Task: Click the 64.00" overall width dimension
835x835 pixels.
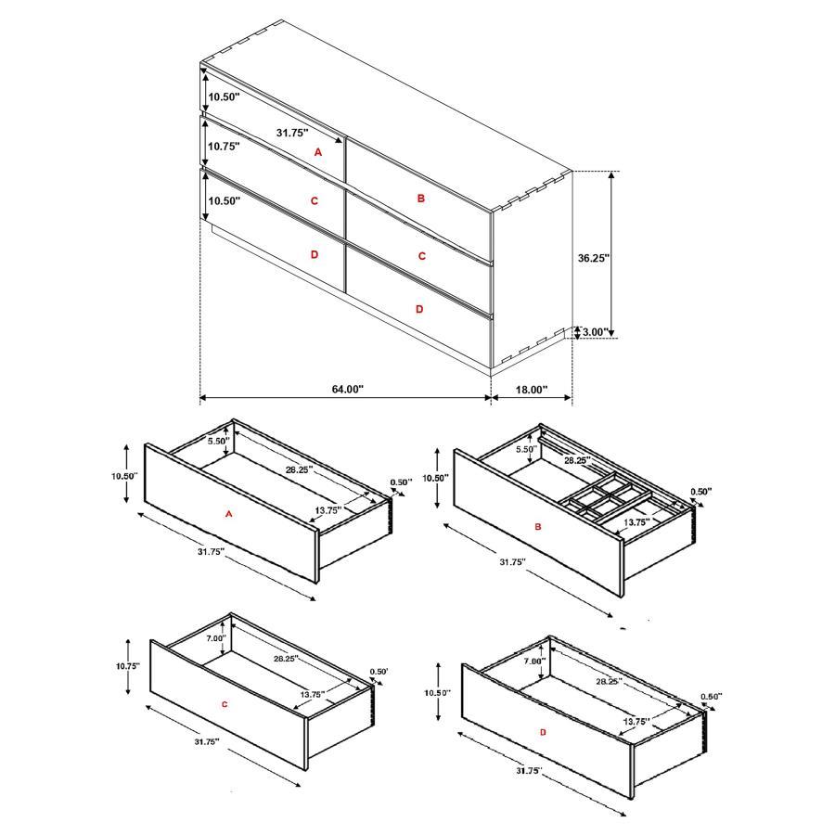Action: [348, 390]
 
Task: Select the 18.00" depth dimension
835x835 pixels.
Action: [531, 390]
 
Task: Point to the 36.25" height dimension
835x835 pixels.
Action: [593, 259]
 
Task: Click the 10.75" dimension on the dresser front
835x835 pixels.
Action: [224, 147]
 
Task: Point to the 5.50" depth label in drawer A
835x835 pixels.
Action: [218, 442]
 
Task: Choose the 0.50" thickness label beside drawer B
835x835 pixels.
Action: [701, 493]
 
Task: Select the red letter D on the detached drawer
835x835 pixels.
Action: [543, 733]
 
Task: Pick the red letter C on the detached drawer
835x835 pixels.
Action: [225, 705]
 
